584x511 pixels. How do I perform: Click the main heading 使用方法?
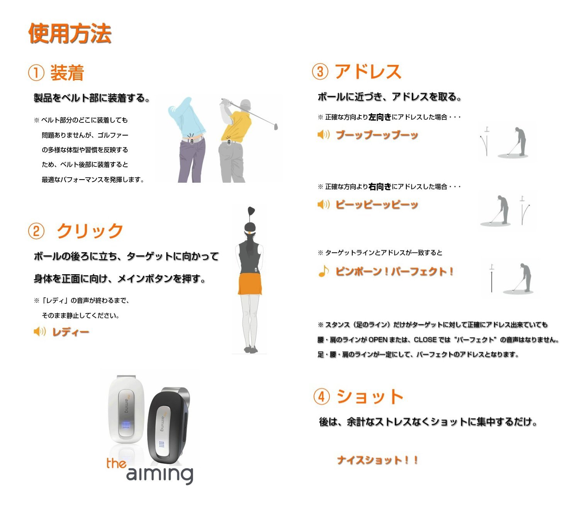(70, 33)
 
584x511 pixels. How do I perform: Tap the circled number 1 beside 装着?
(36, 73)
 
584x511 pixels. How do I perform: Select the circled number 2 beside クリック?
(36, 231)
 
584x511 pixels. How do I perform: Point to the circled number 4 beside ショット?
(322, 397)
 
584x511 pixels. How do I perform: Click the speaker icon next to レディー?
(40, 331)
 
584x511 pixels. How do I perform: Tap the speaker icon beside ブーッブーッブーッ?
(323, 134)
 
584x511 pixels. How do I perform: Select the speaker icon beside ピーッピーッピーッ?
(323, 204)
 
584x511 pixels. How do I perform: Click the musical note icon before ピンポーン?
(323, 271)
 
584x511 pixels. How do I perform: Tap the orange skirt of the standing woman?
(250, 284)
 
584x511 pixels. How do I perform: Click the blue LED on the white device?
(126, 424)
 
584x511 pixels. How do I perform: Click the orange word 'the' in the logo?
(116, 463)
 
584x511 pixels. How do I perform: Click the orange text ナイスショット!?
(377, 460)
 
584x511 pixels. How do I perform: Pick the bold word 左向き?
(380, 117)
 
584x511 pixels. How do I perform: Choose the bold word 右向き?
(380, 187)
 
